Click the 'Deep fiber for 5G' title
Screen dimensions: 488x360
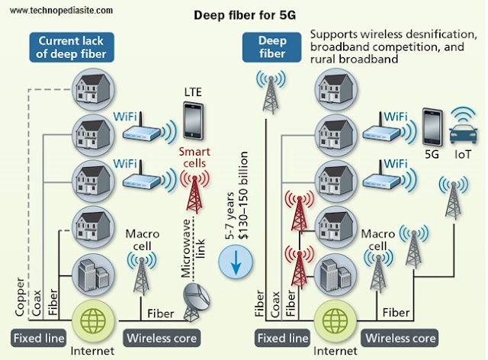click(245, 15)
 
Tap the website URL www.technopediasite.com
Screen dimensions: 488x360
click(61, 10)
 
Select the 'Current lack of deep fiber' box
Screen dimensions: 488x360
click(72, 47)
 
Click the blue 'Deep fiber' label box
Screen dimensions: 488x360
click(271, 47)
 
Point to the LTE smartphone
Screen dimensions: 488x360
click(193, 121)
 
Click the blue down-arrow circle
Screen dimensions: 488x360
click(236, 262)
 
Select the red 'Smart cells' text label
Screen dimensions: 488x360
click(194, 158)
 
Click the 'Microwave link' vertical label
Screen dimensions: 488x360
click(193, 249)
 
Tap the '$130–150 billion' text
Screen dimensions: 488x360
click(242, 195)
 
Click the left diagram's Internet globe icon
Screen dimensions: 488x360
click(93, 320)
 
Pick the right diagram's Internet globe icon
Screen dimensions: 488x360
click(335, 320)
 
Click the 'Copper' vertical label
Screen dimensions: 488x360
click(19, 297)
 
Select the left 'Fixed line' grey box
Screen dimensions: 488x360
click(39, 338)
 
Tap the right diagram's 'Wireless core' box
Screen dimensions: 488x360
click(400, 338)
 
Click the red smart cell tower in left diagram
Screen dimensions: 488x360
click(194, 192)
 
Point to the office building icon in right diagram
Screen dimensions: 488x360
click(335, 275)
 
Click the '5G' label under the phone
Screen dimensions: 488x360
click(432, 154)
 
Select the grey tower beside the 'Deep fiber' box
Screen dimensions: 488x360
click(271, 92)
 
